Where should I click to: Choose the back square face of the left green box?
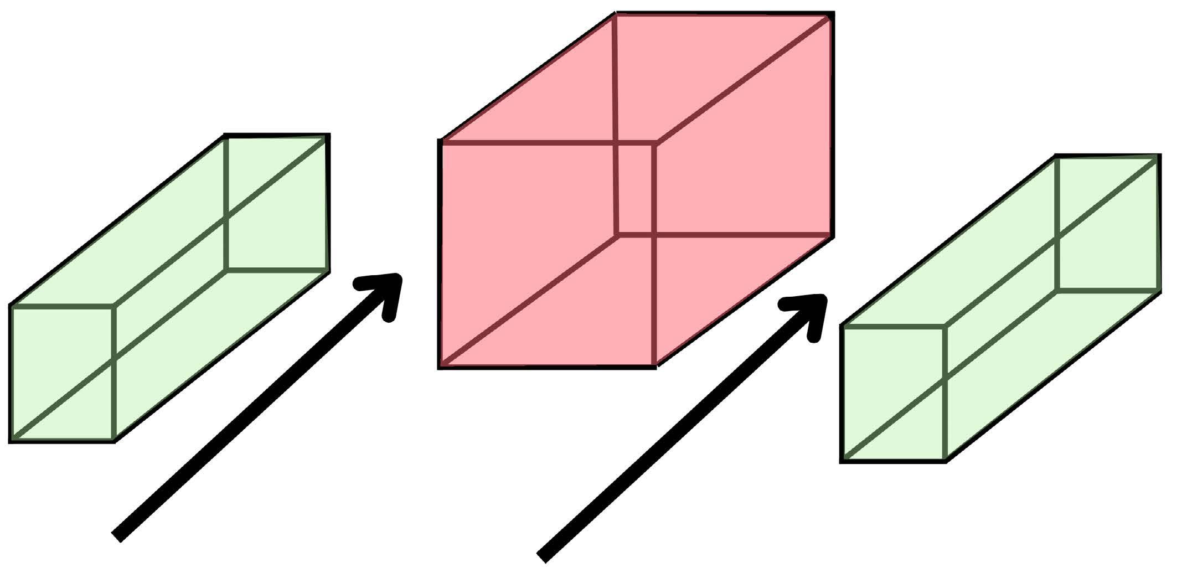pos(277,203)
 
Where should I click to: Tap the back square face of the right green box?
pos(1107,224)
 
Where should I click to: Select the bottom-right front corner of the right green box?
pos(945,460)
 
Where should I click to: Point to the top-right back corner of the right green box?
pos(1158,157)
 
